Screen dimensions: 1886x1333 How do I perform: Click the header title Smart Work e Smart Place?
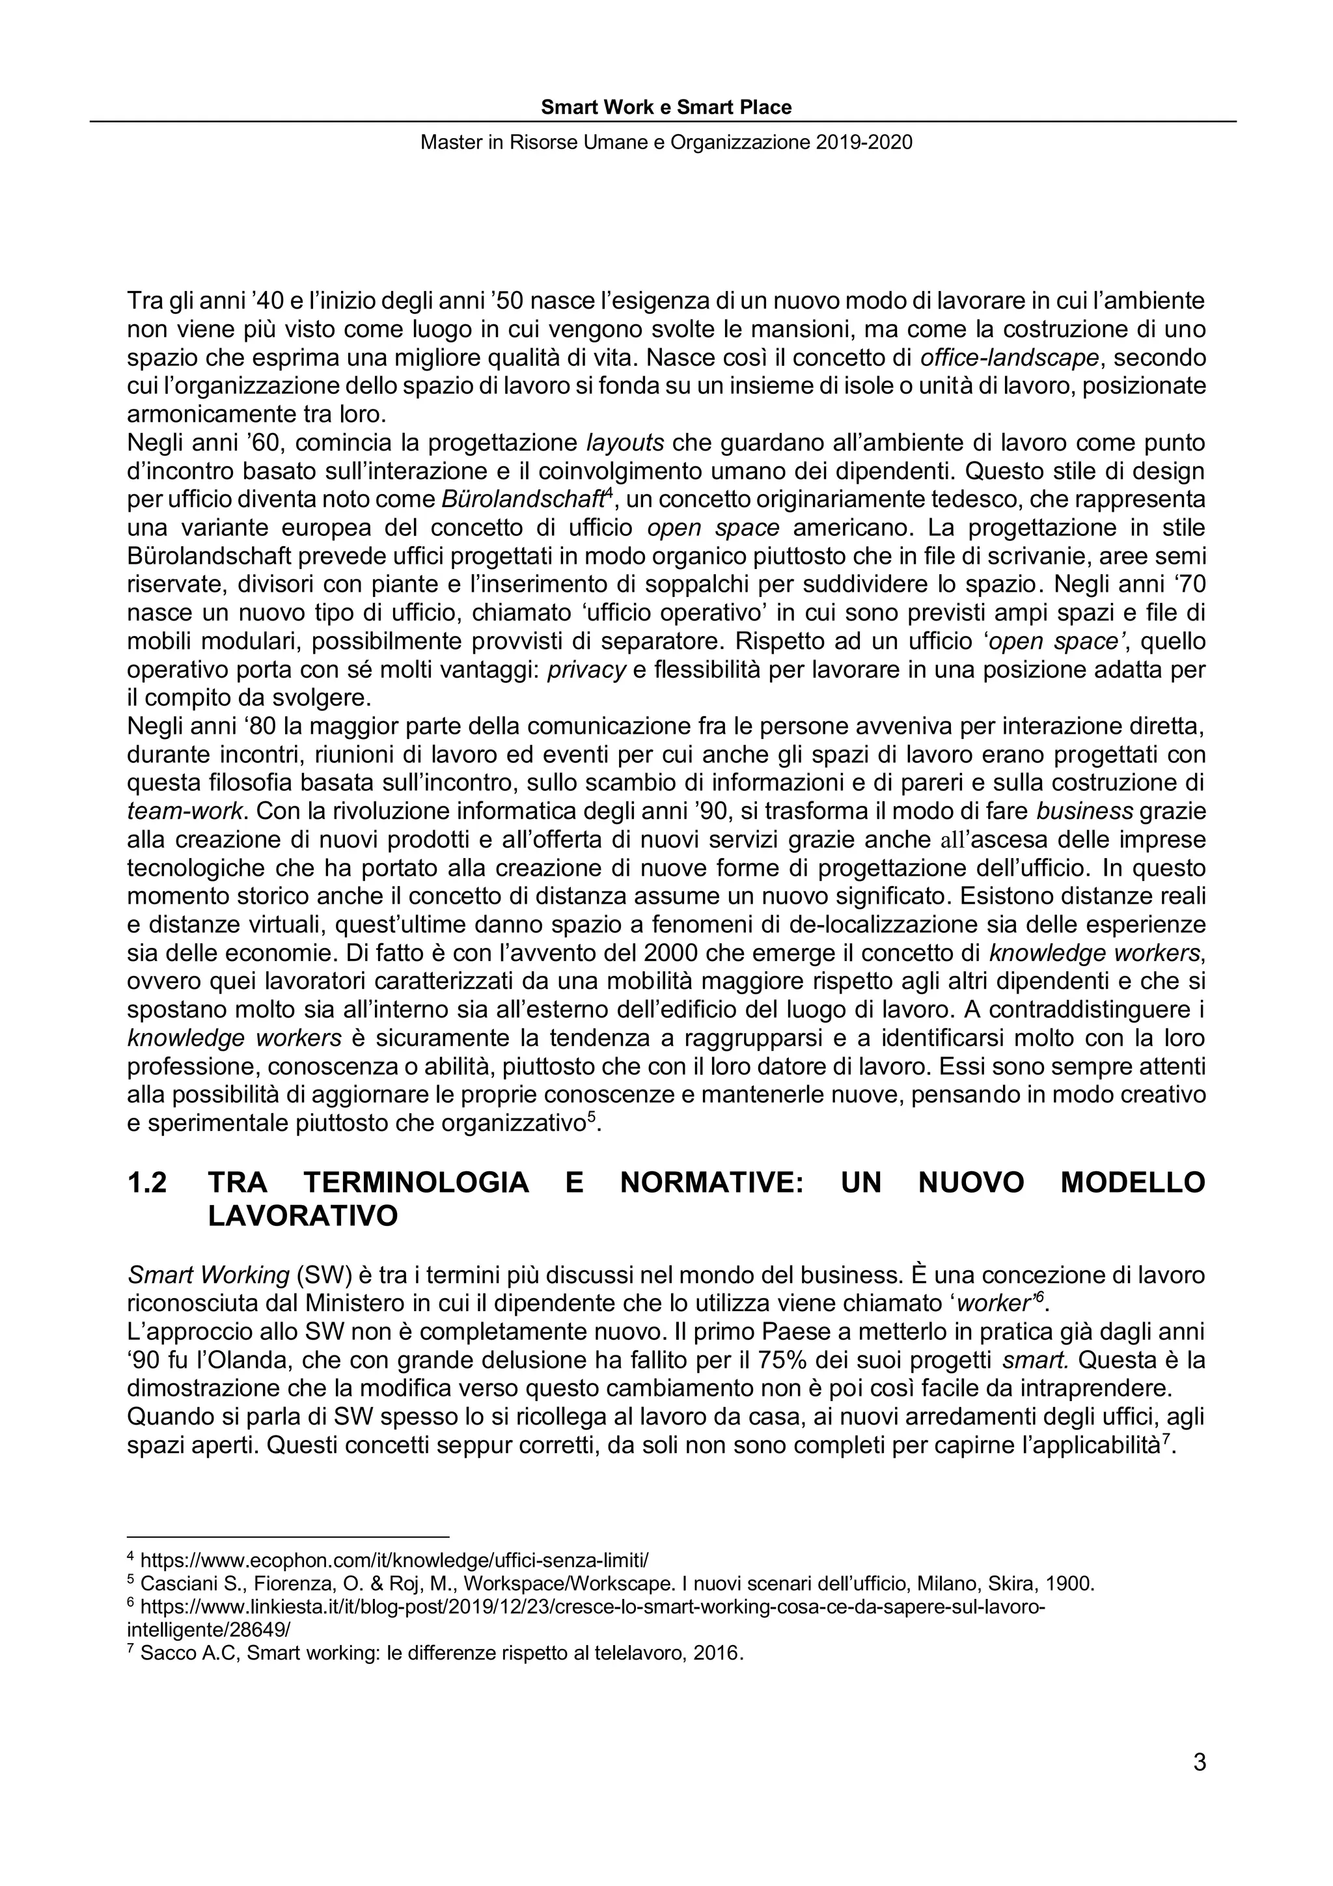coord(666,107)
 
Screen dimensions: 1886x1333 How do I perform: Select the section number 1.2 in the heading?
coord(148,1183)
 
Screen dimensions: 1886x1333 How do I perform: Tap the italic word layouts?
coord(625,443)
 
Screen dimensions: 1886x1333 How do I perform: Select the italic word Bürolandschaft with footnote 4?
coord(523,499)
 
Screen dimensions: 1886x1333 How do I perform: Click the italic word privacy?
coord(586,669)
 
